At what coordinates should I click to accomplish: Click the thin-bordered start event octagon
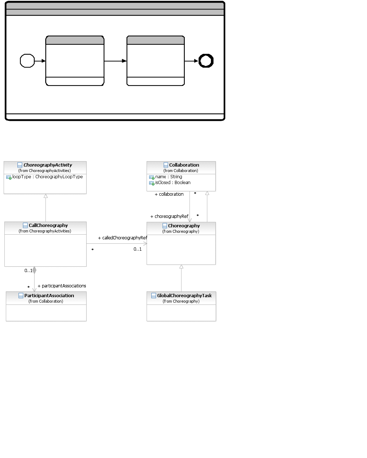coord(27,61)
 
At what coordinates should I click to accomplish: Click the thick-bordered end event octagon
coord(206,61)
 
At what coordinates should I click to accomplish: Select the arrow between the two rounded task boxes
coord(115,61)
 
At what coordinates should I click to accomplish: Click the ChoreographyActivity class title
coord(48,165)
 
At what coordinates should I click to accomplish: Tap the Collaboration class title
coord(184,165)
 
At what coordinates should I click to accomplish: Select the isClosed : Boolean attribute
coord(173,183)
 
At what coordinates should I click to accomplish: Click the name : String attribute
coord(169,177)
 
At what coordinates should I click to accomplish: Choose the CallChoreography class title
coord(48,226)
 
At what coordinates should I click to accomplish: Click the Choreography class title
coord(184,226)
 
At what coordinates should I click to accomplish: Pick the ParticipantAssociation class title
coord(49,296)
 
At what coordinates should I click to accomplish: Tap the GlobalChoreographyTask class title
coord(184,296)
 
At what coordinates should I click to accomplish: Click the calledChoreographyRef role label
coord(123,238)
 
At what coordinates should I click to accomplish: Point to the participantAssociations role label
coord(62,286)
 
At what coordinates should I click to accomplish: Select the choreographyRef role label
coord(169,216)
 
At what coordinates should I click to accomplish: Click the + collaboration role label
coord(169,194)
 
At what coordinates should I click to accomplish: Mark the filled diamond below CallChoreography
coord(34,270)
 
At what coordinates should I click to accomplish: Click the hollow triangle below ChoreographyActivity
coord(45,196)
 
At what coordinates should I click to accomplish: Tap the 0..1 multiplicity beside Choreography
coord(137,249)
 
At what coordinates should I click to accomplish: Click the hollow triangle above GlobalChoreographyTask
coord(181,267)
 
